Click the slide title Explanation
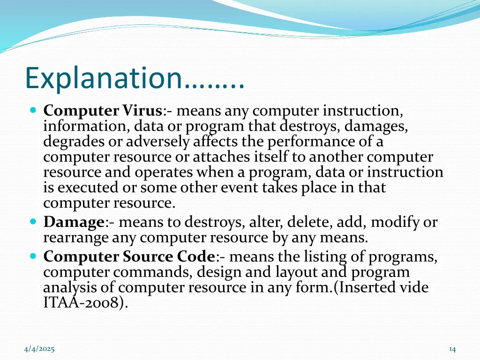coord(135,78)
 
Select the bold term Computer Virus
coord(103,111)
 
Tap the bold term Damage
coord(74,222)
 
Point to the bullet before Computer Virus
coord(33,112)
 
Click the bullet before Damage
coord(33,222)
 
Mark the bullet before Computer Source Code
coord(33,257)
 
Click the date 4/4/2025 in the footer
coord(39,349)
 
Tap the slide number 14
coord(452,349)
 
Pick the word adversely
coord(157,142)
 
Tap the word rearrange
coord(76,238)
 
